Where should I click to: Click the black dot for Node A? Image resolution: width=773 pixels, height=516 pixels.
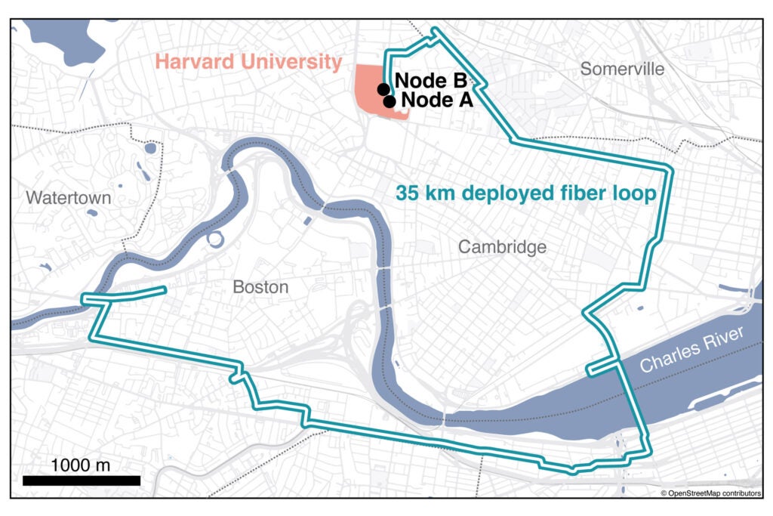click(390, 101)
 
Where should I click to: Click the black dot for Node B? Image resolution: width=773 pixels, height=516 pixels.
click(383, 88)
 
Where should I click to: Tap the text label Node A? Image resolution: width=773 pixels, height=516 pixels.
click(436, 100)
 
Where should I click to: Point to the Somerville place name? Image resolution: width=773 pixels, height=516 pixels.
click(622, 70)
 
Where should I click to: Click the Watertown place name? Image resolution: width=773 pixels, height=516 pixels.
click(68, 198)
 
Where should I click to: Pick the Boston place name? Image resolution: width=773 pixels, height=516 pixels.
click(260, 287)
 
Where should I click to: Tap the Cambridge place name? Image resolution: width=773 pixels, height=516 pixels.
click(502, 247)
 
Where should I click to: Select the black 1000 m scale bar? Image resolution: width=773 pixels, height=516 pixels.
click(82, 480)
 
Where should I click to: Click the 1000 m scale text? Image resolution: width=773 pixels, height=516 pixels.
click(82, 464)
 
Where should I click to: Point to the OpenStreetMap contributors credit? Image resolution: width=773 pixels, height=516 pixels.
click(710, 493)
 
